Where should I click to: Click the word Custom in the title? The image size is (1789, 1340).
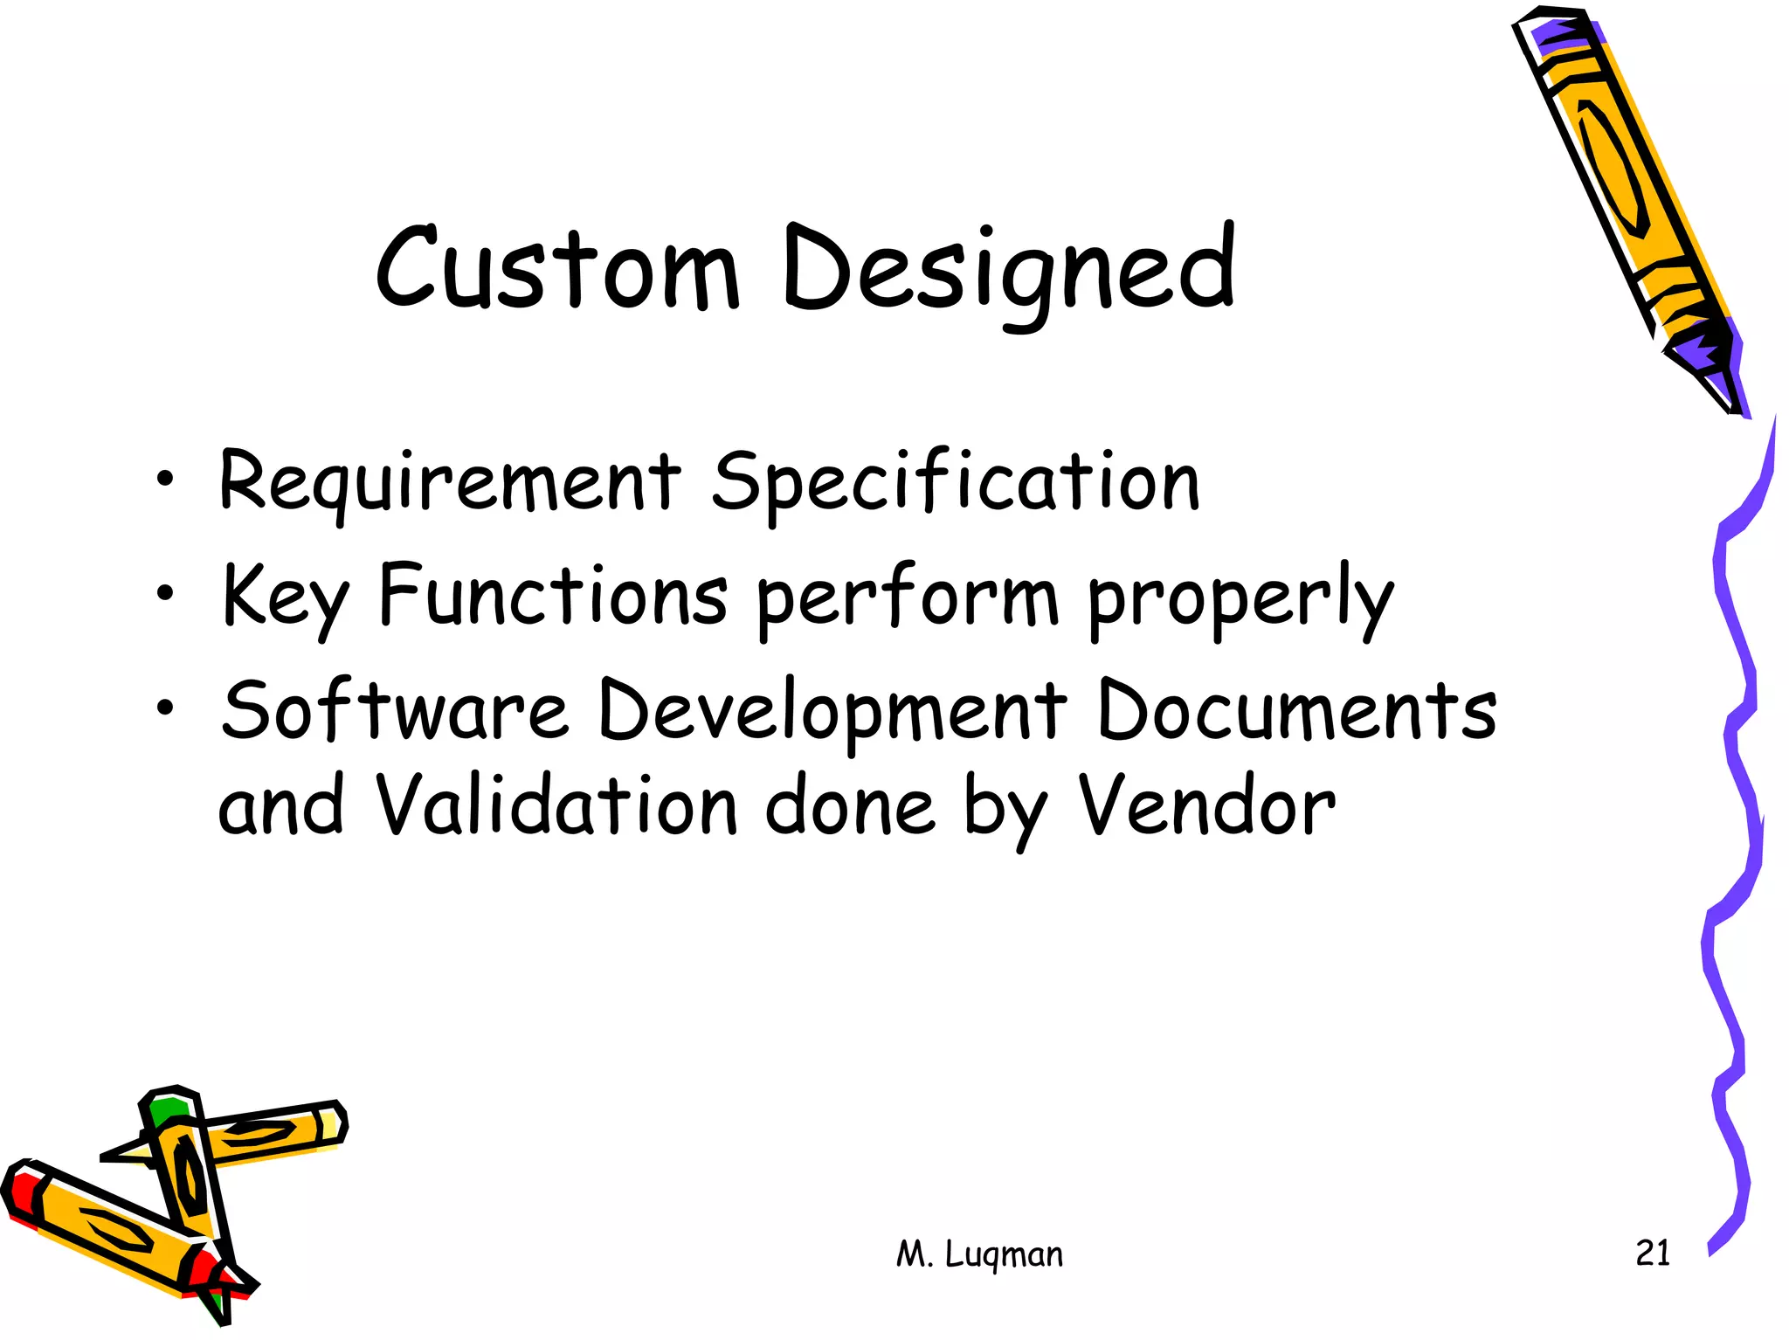click(x=557, y=269)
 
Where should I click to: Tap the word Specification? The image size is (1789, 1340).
click(x=956, y=482)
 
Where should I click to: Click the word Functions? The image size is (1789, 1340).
click(x=553, y=596)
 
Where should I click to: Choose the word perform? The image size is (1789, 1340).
click(x=907, y=599)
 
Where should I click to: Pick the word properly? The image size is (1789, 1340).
click(x=1240, y=599)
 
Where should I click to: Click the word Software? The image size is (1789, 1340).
click(x=395, y=709)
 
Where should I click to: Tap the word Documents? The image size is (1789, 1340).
click(x=1296, y=709)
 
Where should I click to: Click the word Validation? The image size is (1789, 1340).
click(x=557, y=805)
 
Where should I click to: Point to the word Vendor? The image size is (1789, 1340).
click(x=1205, y=805)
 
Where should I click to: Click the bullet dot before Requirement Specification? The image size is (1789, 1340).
click(x=164, y=479)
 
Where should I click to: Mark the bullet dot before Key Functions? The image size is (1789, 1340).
click(x=164, y=594)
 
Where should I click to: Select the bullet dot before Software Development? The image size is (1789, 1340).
click(x=164, y=708)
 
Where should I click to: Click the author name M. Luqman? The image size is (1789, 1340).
click(x=979, y=1254)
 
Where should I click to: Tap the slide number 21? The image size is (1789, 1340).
click(x=1652, y=1253)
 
